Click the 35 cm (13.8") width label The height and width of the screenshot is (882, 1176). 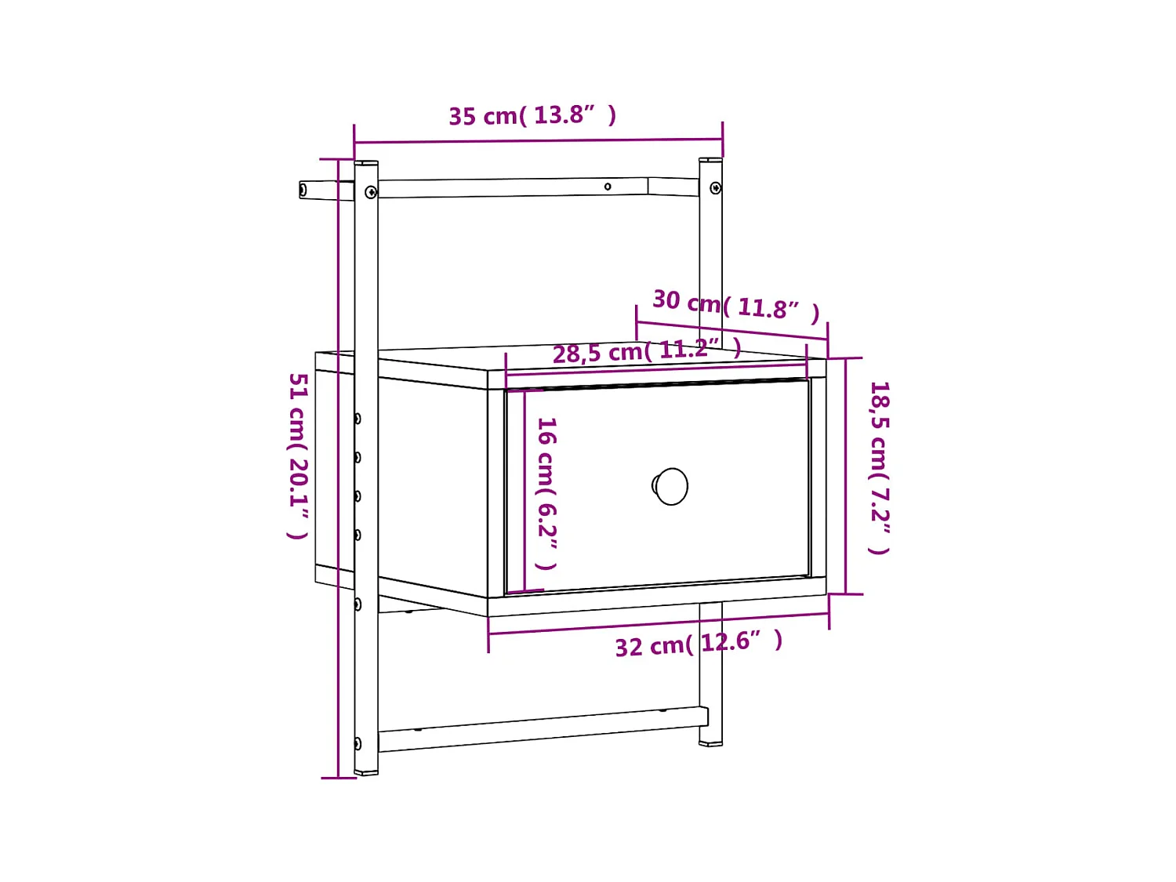click(x=532, y=115)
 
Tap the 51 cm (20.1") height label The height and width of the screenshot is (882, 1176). click(x=298, y=456)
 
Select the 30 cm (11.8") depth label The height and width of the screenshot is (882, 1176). click(x=735, y=304)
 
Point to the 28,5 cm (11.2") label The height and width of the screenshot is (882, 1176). click(x=646, y=350)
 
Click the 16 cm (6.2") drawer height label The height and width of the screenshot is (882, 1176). click(x=546, y=493)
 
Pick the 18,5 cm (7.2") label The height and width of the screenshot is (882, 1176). click(x=880, y=467)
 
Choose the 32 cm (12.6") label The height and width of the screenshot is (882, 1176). click(x=698, y=644)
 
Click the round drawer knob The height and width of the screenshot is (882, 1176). click(x=671, y=486)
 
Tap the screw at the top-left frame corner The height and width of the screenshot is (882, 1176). click(x=371, y=191)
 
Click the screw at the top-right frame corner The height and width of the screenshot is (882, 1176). click(x=715, y=188)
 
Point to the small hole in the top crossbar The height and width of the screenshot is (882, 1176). click(x=608, y=187)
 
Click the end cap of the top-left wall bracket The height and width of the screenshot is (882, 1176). click(x=303, y=190)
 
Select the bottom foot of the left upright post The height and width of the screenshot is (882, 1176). click(x=366, y=772)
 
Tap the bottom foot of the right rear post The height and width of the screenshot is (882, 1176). click(x=710, y=742)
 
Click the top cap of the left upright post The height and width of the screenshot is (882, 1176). click(x=366, y=163)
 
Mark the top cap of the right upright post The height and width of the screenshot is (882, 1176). click(x=710, y=160)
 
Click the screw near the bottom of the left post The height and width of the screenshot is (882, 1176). click(x=358, y=743)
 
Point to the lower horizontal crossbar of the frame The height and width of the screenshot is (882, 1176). click(x=541, y=729)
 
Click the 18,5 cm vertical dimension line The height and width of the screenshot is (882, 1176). click(x=846, y=476)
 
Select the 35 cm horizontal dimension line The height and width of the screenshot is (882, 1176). click(x=538, y=141)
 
